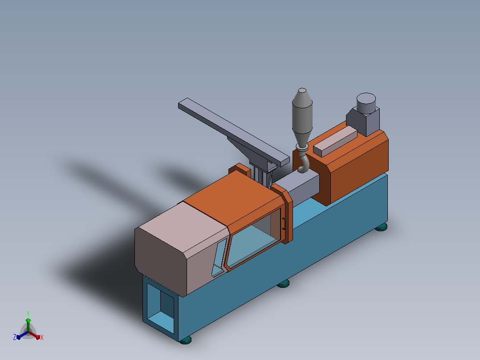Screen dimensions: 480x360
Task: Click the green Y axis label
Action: tap(28, 314)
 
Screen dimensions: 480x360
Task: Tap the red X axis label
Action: tap(42, 337)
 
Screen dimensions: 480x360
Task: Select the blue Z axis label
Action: tap(14, 337)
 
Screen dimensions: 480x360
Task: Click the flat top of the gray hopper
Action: tap(302, 90)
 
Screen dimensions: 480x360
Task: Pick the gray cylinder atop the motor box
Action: tap(366, 103)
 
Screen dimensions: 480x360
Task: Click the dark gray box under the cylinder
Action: tap(363, 121)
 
